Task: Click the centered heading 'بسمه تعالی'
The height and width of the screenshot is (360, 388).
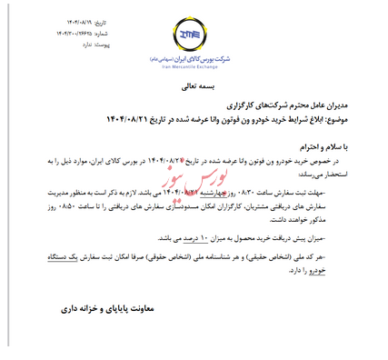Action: (x=191, y=88)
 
